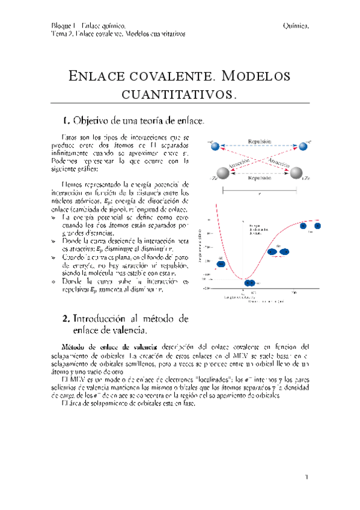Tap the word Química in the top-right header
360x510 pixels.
click(x=296, y=25)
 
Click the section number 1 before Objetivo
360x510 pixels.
click(x=66, y=120)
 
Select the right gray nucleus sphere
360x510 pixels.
click(x=297, y=174)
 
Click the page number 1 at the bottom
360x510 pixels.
click(x=306, y=478)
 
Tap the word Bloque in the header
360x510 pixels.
click(x=63, y=25)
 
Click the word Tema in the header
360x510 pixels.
click(x=59, y=34)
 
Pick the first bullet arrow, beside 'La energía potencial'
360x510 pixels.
click(x=55, y=216)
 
